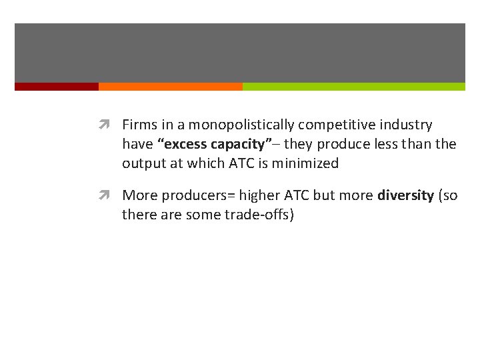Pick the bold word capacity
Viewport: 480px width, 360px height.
point(237,144)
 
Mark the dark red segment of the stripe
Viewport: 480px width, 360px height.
point(57,87)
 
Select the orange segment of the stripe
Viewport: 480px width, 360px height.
point(171,87)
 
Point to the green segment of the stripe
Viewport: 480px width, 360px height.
point(353,87)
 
